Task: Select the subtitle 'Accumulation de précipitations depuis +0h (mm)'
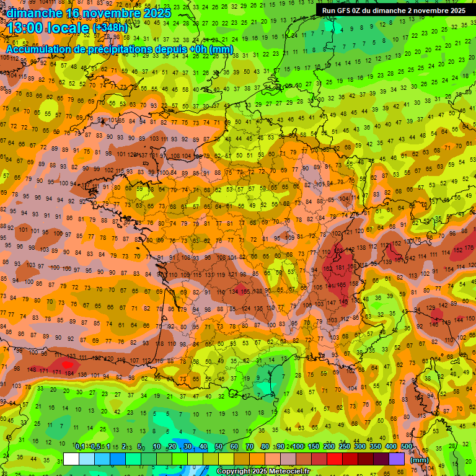119,49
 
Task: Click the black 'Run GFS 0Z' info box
395,11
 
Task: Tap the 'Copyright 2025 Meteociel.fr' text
263,472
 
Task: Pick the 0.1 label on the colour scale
80,447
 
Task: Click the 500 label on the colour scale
407,447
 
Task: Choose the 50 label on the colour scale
219,447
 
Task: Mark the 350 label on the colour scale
376,447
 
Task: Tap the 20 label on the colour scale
172,447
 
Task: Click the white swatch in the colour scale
71,459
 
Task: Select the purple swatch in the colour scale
397,459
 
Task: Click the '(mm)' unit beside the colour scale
420,460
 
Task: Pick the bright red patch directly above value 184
66,364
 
